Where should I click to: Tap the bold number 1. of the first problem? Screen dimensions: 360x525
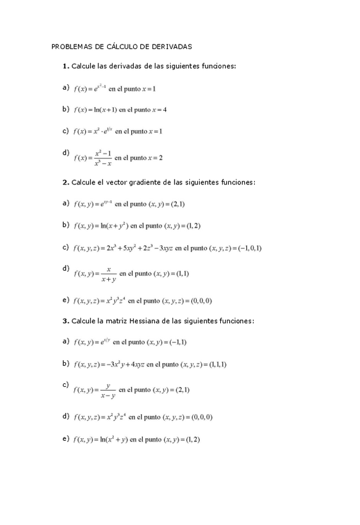[x=66, y=66]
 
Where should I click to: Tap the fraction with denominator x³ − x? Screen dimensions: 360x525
[x=103, y=158]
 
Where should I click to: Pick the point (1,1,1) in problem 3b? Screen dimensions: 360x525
[x=214, y=364]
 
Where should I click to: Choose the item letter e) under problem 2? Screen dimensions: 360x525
[x=66, y=300]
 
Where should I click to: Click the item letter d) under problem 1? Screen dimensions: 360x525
[x=66, y=152]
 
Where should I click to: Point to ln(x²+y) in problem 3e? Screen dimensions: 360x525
[x=111, y=440]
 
